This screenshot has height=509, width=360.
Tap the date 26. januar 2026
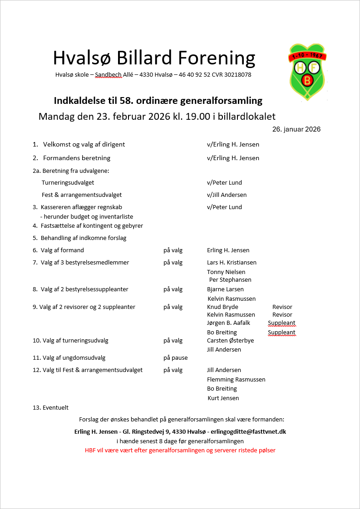coord(296,129)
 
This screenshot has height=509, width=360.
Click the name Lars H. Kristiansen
coord(232,263)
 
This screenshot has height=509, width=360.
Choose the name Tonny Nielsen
coord(226,272)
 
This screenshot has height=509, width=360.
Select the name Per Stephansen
coord(230,280)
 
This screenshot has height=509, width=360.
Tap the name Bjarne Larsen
coord(225,289)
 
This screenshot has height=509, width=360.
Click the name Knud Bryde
coord(222,307)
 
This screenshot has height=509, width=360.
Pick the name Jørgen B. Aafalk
coord(228,323)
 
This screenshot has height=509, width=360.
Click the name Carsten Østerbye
coord(231,341)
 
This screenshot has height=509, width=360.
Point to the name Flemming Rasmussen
coord(236,380)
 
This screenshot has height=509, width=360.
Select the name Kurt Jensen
coord(223,398)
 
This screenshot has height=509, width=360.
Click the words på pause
coord(176,358)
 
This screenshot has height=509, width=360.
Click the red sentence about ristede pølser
coord(180,450)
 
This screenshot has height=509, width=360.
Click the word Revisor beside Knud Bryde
coord(282,307)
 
